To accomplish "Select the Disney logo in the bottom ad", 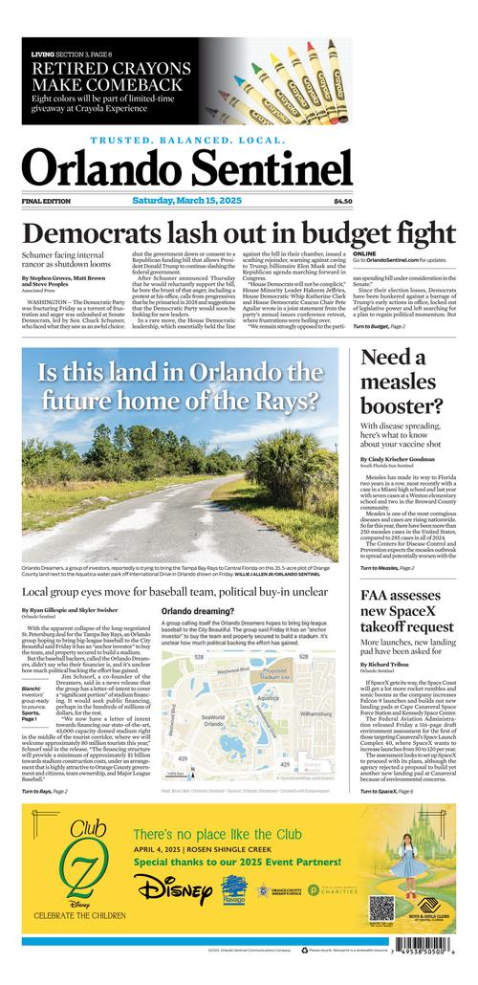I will [174, 890].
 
